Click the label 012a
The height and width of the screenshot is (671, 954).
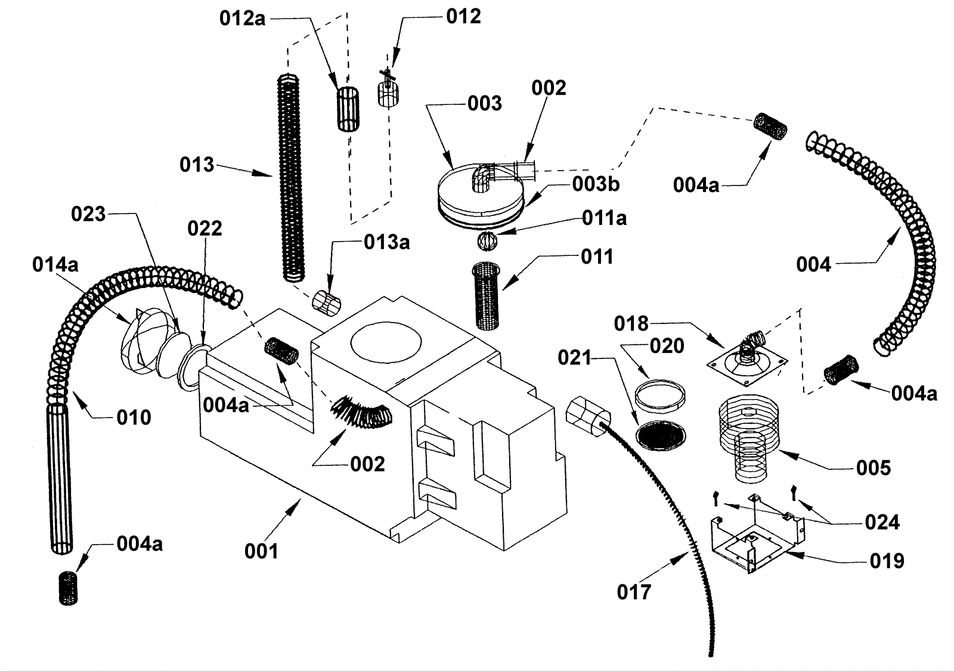click(x=242, y=18)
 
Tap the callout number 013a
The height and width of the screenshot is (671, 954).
click(x=387, y=242)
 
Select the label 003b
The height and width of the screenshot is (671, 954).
click(x=596, y=184)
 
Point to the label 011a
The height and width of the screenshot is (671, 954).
click(x=605, y=218)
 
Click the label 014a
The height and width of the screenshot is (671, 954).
click(x=55, y=265)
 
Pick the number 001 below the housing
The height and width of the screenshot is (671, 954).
click(x=261, y=551)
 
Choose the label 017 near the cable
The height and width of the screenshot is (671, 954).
click(x=634, y=592)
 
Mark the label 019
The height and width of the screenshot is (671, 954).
click(x=887, y=561)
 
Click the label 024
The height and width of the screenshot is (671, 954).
click(x=882, y=522)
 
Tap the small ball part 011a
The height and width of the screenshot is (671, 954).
click(x=487, y=241)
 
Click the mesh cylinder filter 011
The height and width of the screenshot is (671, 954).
click(x=487, y=296)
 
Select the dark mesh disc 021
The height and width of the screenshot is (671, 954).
click(x=661, y=435)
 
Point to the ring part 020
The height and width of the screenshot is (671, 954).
click(x=660, y=396)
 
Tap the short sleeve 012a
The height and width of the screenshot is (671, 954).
click(x=348, y=109)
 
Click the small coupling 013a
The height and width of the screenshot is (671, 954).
click(x=327, y=304)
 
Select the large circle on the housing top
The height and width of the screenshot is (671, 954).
click(x=386, y=342)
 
